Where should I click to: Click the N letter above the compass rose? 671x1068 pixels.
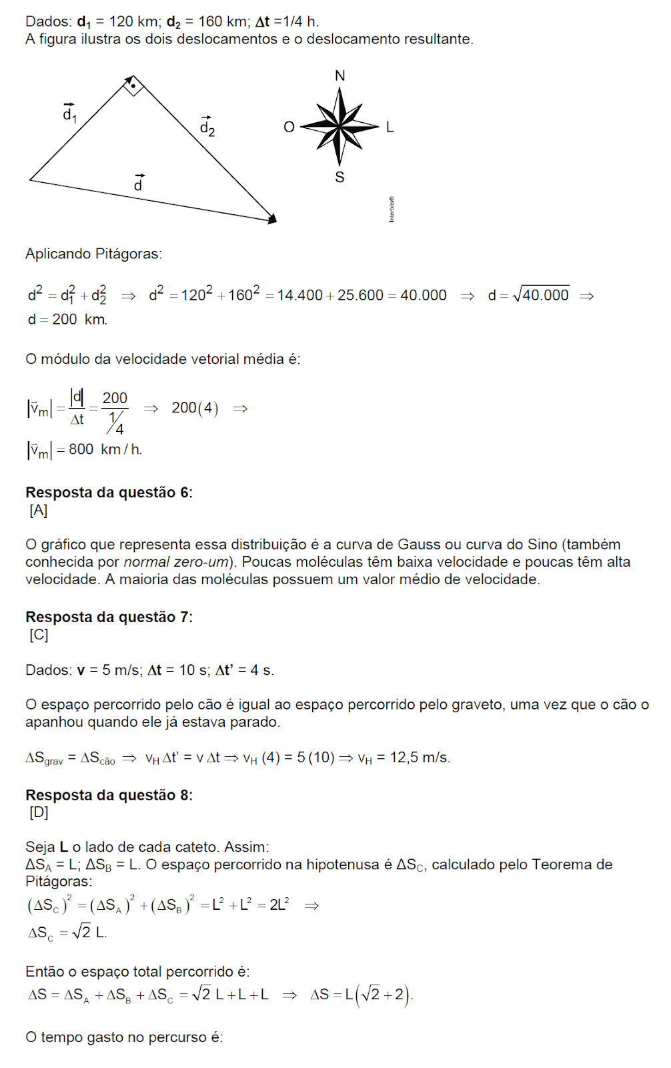click(x=340, y=75)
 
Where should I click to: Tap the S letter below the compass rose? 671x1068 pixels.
click(x=340, y=177)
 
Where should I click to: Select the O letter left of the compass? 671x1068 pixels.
click(x=289, y=127)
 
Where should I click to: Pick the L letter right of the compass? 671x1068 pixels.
click(x=390, y=127)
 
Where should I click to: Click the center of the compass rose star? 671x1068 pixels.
click(x=340, y=125)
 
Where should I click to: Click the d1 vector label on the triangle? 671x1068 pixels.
click(x=69, y=113)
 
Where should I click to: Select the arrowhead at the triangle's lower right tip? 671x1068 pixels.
click(x=272, y=218)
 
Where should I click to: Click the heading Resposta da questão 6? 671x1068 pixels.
click(x=109, y=493)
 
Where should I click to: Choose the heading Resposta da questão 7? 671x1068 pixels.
click(x=109, y=617)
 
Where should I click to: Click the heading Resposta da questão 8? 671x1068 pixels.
click(x=109, y=795)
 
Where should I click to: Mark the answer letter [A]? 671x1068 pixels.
click(x=39, y=511)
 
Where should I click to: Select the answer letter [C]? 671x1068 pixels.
click(x=39, y=635)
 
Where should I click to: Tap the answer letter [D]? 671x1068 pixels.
click(x=39, y=812)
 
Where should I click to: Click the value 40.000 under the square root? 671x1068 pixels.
click(x=546, y=295)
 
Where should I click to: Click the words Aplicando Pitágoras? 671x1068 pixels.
click(x=93, y=254)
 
